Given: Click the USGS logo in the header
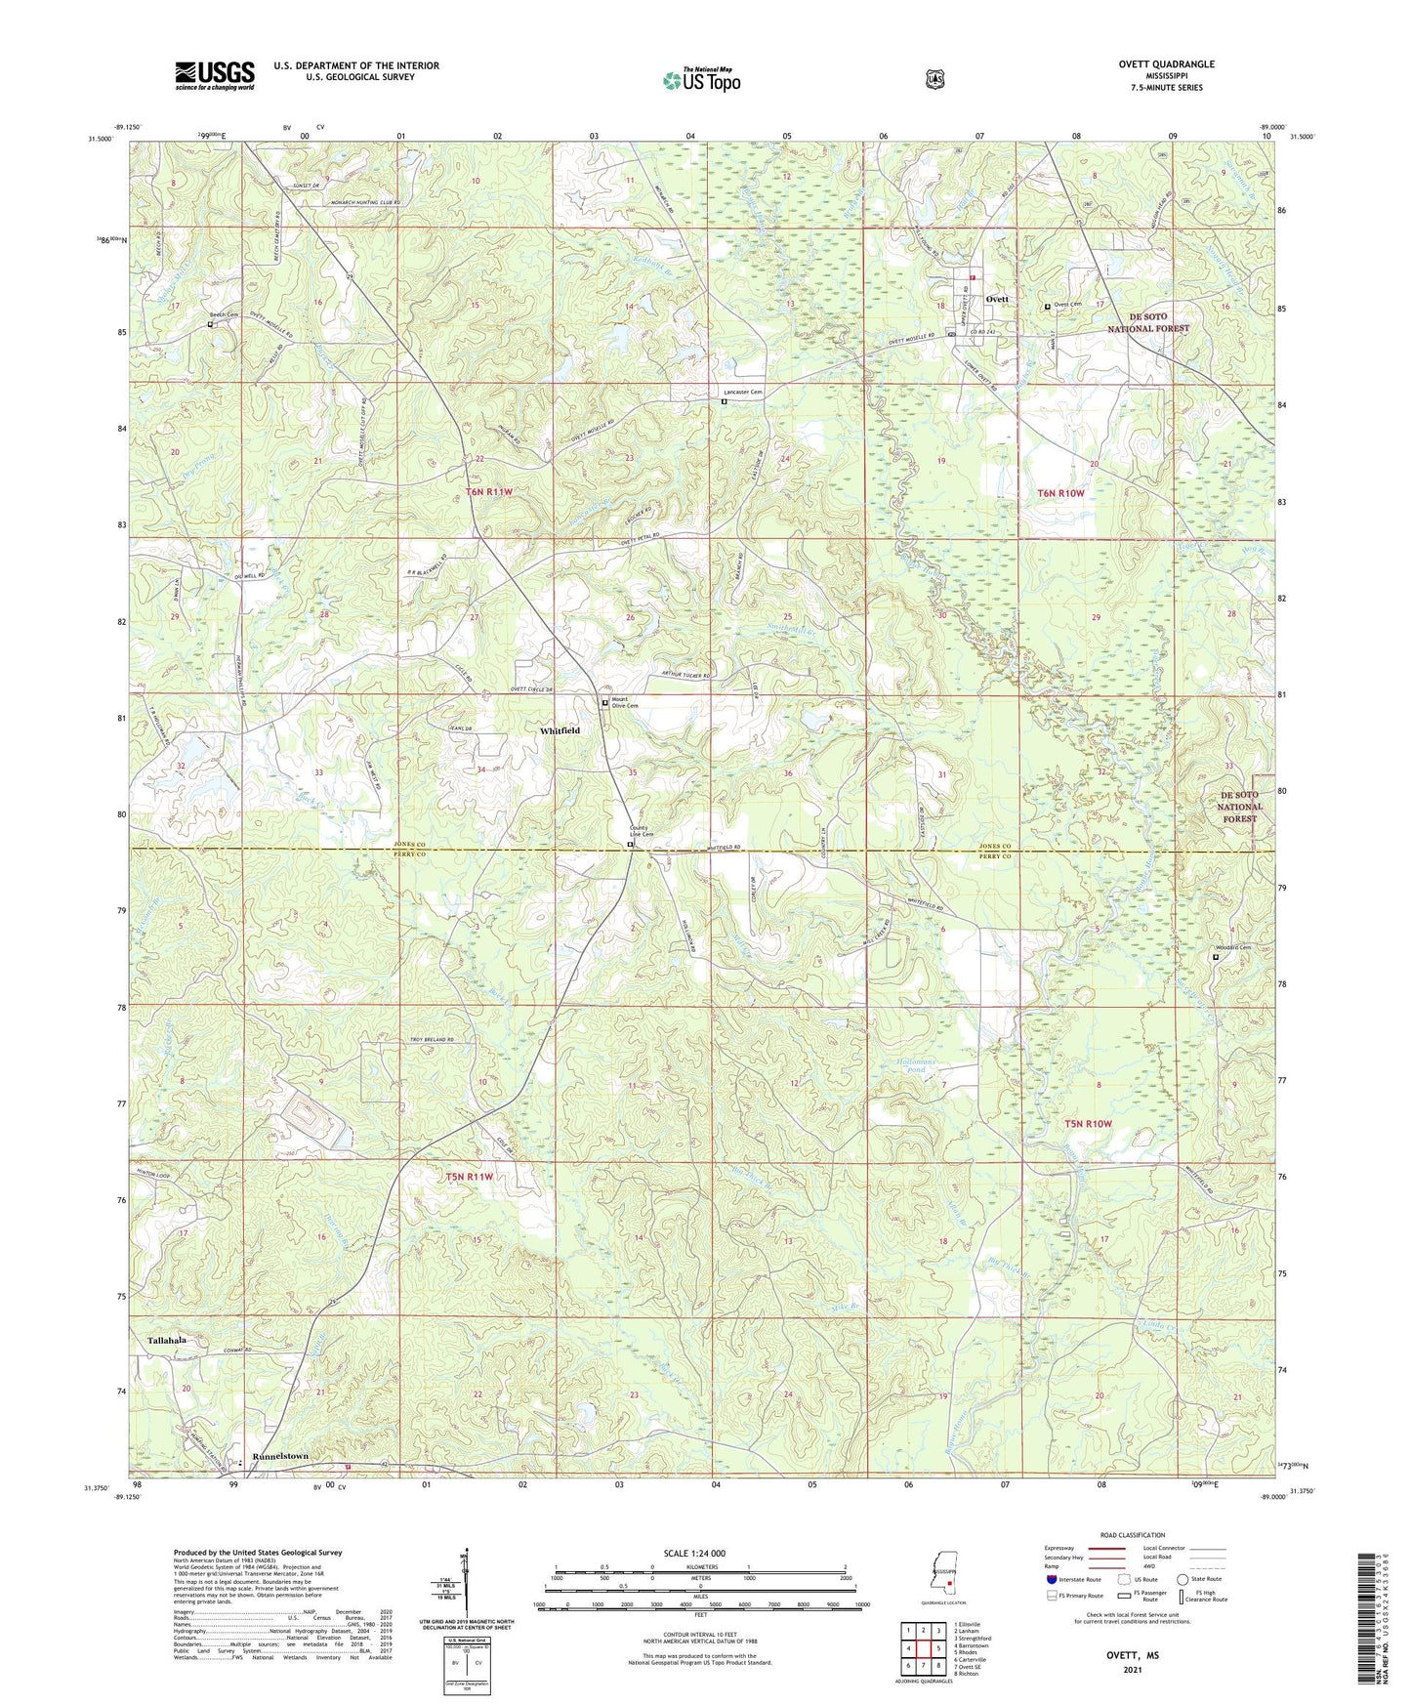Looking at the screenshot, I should tap(215, 74).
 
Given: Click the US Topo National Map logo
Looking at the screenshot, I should tap(700, 80).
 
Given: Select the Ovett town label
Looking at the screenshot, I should tap(997, 299).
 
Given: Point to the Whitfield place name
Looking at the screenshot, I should tap(560, 730).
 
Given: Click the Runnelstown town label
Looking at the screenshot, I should tap(280, 1456).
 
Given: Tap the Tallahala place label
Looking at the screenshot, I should tap(167, 1341).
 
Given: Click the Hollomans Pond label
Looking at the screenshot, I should tap(916, 1065).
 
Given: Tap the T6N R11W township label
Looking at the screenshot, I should tap(489, 492).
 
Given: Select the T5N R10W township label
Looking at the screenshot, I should tap(1088, 1124).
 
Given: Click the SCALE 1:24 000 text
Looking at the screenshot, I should tap(694, 1553).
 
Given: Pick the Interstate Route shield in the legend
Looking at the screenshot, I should tap(1051, 1605).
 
